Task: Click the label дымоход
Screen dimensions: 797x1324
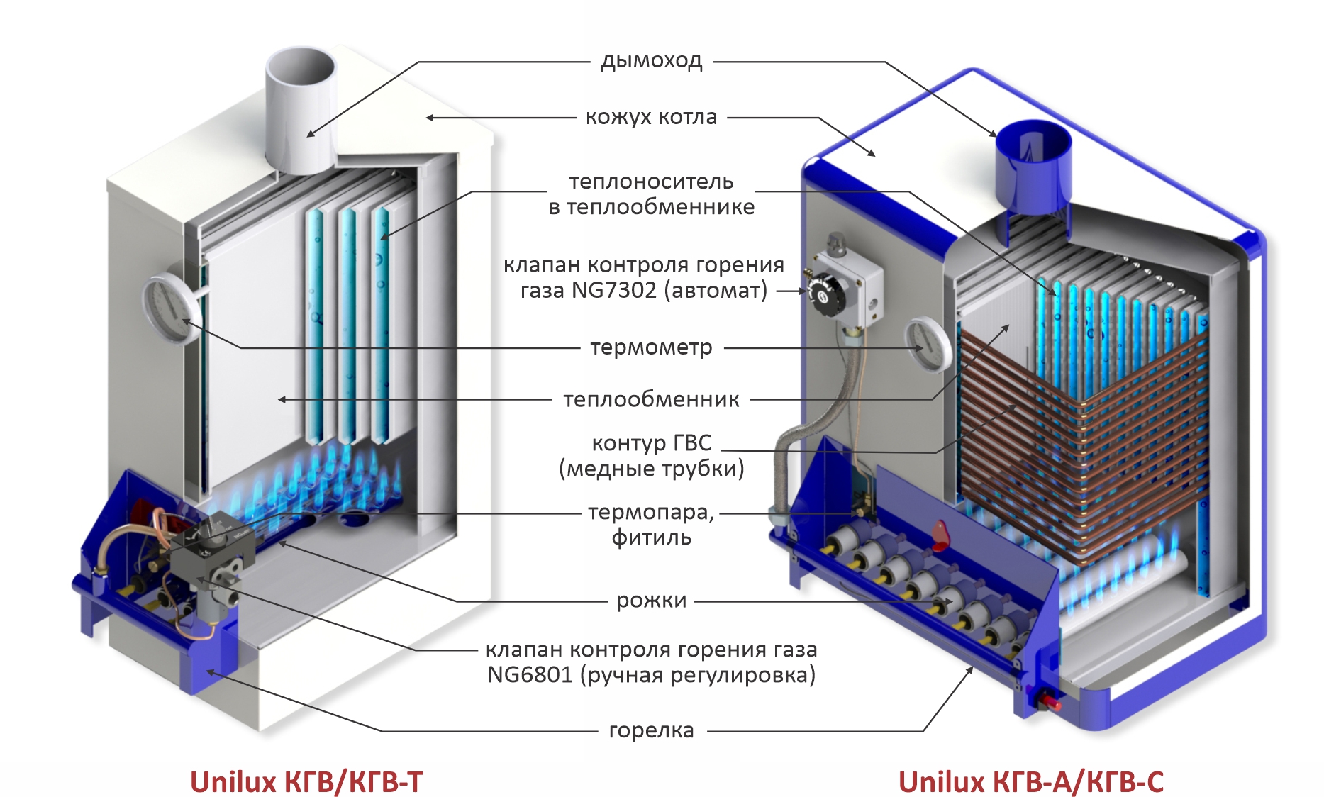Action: (651, 61)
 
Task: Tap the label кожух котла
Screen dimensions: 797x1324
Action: (651, 117)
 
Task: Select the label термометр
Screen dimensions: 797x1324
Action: (651, 347)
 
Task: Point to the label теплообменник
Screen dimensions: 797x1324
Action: (651, 400)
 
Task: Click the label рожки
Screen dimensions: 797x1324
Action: (651, 601)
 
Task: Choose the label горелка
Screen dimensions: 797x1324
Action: (651, 730)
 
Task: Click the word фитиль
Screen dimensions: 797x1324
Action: (651, 537)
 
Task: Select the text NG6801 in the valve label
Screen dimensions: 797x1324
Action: (530, 675)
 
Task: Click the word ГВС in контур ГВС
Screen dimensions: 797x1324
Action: (691, 443)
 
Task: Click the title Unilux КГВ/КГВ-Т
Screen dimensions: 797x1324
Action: (306, 782)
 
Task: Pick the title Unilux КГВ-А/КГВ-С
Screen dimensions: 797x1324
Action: (1030, 782)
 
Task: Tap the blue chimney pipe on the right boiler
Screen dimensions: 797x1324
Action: (1033, 170)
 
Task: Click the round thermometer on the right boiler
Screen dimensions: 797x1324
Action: (928, 345)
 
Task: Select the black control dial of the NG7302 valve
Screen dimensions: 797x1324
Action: (825, 291)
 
